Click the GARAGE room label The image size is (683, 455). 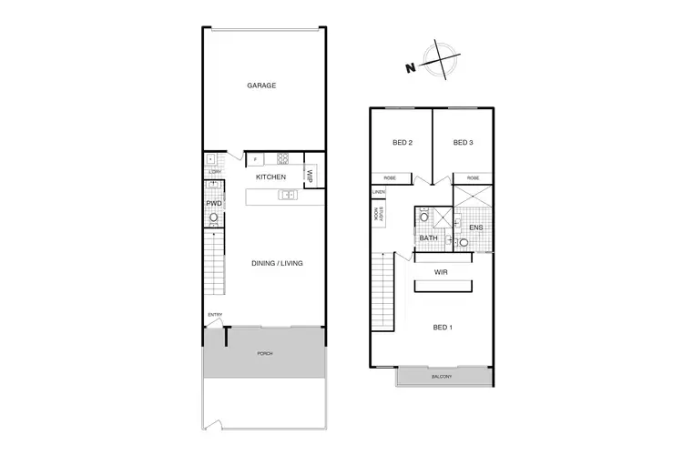pos(261,86)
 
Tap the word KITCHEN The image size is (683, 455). pos(270,177)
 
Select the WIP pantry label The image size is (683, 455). pos(310,176)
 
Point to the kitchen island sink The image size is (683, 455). pos(287,194)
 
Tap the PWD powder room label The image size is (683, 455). pos(213,203)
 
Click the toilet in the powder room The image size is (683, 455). pos(214,218)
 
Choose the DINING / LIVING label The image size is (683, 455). pos(277,263)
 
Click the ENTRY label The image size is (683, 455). pos(215,315)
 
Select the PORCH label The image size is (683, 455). pos(265,353)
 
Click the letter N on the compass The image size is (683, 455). pos(411,67)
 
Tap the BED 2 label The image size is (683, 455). pos(403,142)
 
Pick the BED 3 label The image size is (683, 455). pos(464,142)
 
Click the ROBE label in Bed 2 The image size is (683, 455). pos(390,178)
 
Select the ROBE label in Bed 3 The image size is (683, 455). pos(473,178)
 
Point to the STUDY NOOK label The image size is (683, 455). pos(375,215)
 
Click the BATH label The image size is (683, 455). pos(428,238)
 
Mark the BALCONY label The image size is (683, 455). pos(444,377)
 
